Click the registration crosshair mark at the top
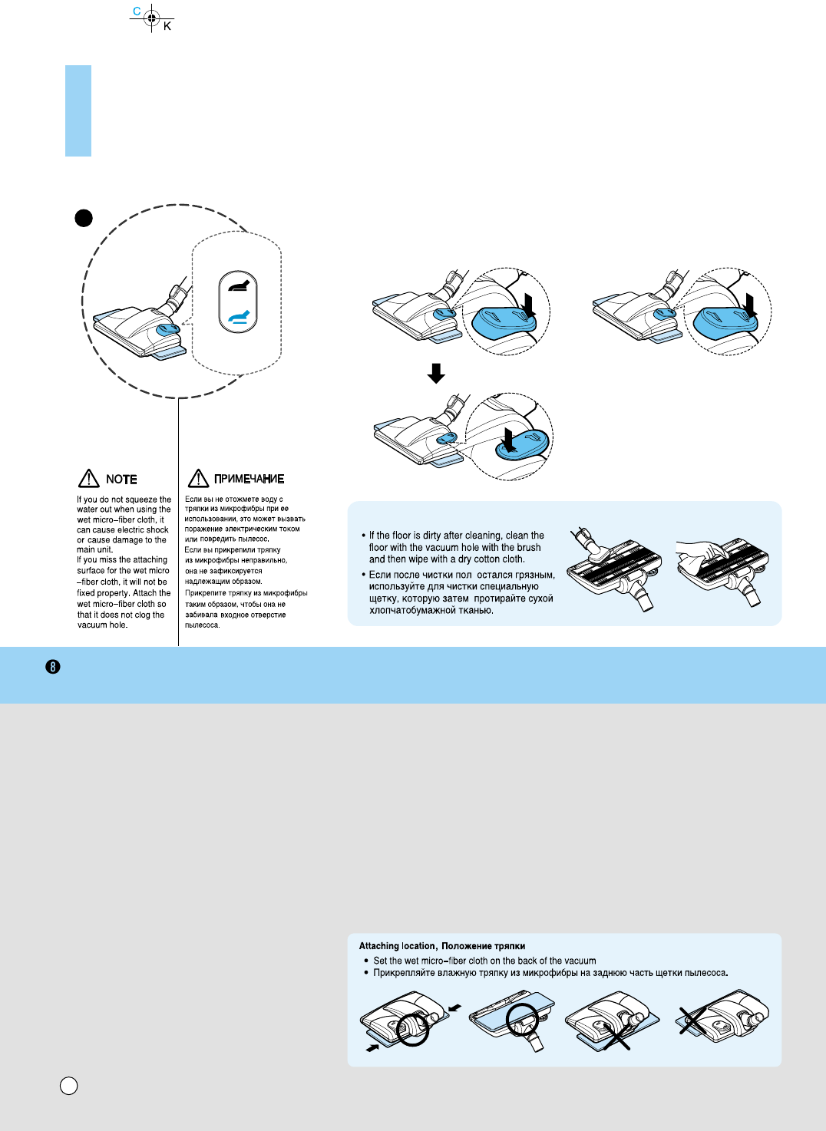tap(152, 18)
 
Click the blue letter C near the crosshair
tap(137, 11)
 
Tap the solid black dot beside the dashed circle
tap(84, 218)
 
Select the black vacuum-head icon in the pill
tap(238, 286)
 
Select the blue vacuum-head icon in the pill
tap(238, 317)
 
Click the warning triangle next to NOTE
tap(89, 479)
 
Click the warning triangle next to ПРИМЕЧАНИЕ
tap(198, 479)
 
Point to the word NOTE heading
tap(121, 480)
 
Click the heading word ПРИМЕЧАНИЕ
tap(249, 480)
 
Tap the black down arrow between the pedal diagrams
tap(436, 373)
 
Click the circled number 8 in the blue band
tap(53, 667)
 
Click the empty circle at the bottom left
tap(68, 1086)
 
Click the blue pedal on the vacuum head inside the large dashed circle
tap(168, 329)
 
